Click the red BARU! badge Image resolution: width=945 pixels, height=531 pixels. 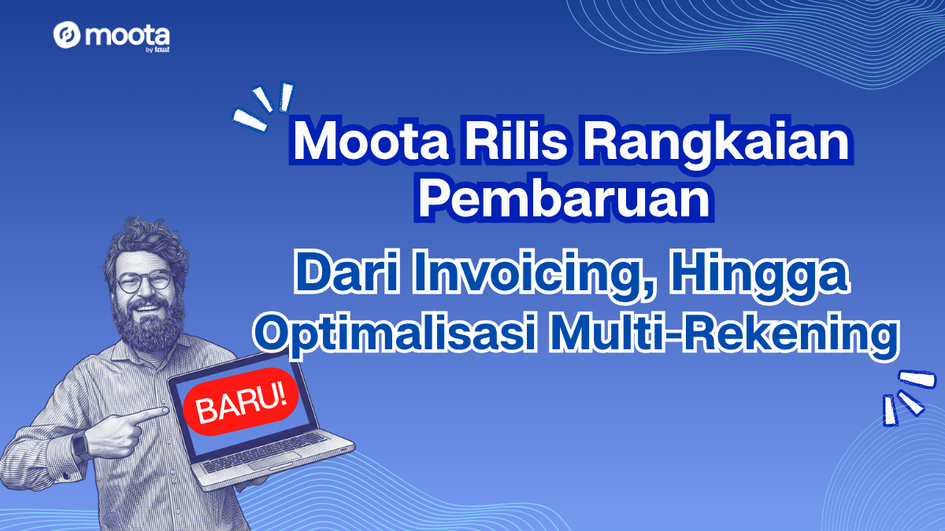(x=241, y=401)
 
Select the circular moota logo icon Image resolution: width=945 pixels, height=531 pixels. (x=67, y=35)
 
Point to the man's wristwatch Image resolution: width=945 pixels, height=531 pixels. (x=80, y=445)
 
